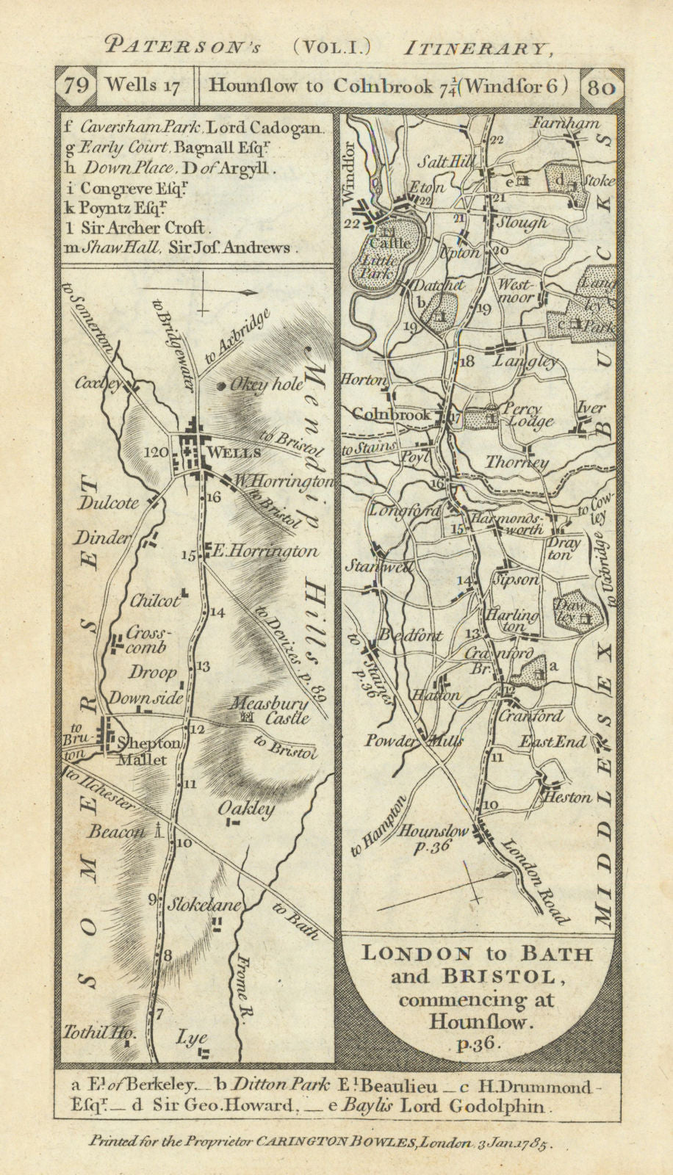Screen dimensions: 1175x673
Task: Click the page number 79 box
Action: (x=76, y=85)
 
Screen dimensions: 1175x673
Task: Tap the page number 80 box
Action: (x=602, y=85)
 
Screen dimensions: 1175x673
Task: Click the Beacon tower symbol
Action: (x=157, y=830)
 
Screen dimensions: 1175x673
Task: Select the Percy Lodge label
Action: (x=530, y=415)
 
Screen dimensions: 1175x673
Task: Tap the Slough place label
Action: (x=522, y=222)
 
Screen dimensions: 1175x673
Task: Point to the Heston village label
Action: (x=566, y=796)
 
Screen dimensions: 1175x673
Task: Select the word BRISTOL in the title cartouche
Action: (x=508, y=977)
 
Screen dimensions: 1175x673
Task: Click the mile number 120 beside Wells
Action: (x=156, y=452)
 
